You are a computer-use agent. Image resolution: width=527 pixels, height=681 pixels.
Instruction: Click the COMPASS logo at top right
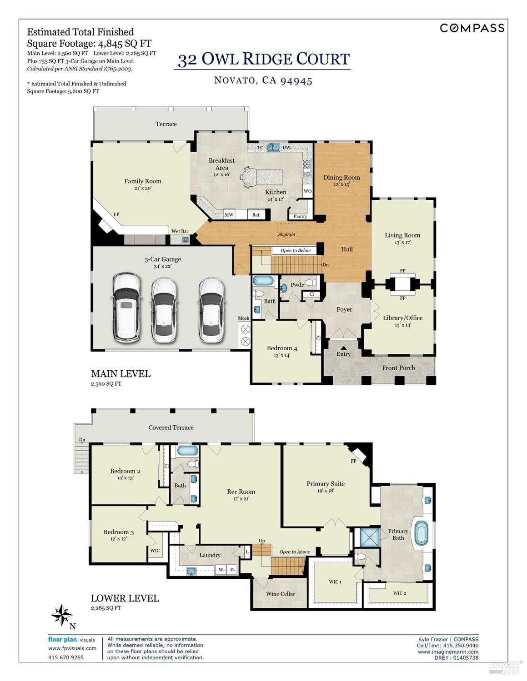tap(472, 28)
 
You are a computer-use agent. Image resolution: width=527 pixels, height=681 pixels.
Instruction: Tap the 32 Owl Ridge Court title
tap(263, 59)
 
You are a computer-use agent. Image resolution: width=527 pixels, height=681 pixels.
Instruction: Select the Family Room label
tap(143, 181)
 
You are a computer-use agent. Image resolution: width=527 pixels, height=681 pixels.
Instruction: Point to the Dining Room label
tap(341, 178)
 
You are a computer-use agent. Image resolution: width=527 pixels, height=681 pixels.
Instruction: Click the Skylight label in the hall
tap(286, 234)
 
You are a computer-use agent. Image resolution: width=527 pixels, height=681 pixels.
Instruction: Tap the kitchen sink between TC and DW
tap(273, 147)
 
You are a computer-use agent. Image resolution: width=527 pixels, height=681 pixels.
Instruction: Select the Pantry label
tap(300, 216)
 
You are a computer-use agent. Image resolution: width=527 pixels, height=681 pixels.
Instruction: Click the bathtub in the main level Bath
tap(263, 281)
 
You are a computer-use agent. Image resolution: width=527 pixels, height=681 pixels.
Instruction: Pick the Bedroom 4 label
tap(282, 348)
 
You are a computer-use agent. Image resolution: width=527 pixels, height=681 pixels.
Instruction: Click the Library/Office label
tap(402, 318)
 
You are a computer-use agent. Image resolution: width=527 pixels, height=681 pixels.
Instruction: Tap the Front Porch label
tap(398, 368)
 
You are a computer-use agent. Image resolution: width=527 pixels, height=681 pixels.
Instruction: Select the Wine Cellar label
tap(281, 594)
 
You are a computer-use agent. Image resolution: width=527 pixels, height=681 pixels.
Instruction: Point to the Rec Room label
tap(241, 492)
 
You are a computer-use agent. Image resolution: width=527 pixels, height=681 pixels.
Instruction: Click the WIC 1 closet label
tap(335, 582)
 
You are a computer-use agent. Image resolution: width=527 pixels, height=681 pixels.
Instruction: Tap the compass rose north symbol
tap(61, 615)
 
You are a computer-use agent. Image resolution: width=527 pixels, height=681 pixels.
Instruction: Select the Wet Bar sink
tap(186, 239)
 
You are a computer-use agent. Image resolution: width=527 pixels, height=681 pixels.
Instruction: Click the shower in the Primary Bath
tap(369, 537)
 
